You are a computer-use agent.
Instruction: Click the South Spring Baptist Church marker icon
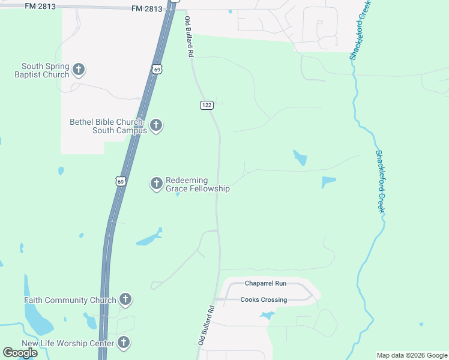78,70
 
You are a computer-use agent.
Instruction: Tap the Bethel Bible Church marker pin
156,125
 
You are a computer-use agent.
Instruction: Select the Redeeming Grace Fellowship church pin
156,183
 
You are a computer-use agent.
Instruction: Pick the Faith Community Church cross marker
125,299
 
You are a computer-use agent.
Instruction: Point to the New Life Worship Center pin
123,343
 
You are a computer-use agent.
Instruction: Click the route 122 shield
206,105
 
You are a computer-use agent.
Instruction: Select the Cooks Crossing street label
264,299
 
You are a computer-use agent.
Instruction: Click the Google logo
20,353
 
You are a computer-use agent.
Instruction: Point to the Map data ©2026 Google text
412,355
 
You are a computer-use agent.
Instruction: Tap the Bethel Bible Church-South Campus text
108,126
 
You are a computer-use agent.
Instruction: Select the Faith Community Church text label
70,300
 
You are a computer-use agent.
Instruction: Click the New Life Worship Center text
68,344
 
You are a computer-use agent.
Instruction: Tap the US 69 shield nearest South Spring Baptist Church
157,69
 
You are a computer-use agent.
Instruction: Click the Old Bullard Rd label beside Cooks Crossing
206,325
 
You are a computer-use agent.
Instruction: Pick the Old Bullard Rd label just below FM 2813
189,37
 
